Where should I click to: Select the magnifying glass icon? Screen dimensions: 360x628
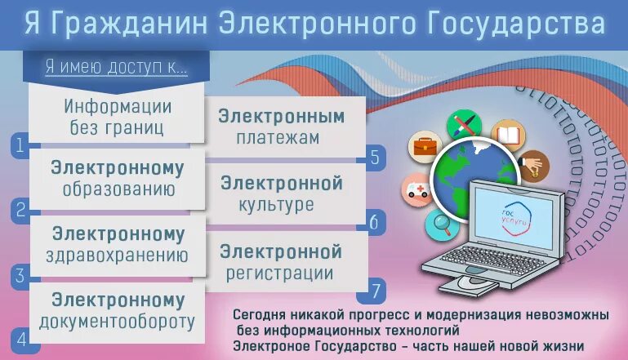tap(443, 221)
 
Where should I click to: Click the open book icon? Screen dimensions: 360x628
tap(507, 134)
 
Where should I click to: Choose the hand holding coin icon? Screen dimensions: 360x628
tap(533, 166)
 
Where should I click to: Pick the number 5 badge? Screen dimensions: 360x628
tap(375, 157)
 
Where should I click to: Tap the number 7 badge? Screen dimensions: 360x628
tap(375, 289)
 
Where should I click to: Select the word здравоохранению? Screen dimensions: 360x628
tap(119, 256)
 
